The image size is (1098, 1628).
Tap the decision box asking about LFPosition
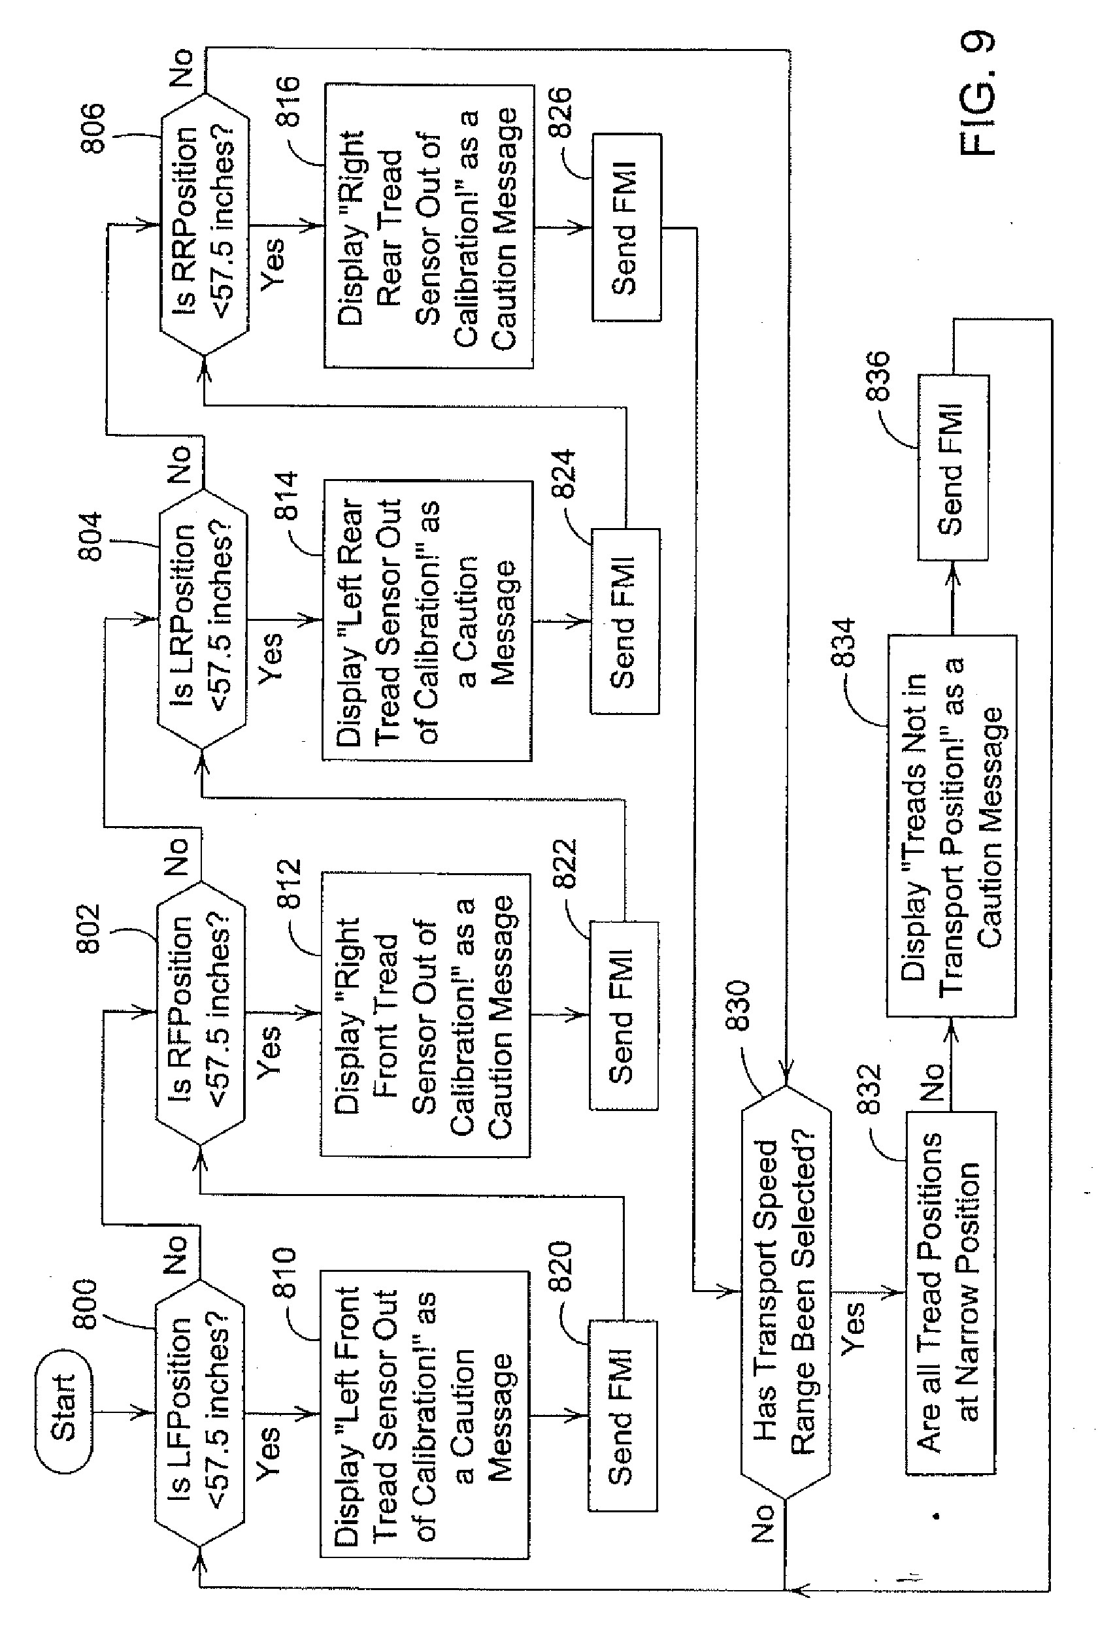coord(199,1412)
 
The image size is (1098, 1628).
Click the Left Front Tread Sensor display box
coord(424,1414)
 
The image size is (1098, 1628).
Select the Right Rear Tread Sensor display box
coord(428,226)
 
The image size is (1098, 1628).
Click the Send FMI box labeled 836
coord(952,467)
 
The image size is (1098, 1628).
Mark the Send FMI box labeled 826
coord(626,227)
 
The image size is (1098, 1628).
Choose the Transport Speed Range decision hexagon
coord(786,1292)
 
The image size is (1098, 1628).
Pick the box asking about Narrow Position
coord(950,1293)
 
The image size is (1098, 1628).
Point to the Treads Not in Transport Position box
coord(951,826)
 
